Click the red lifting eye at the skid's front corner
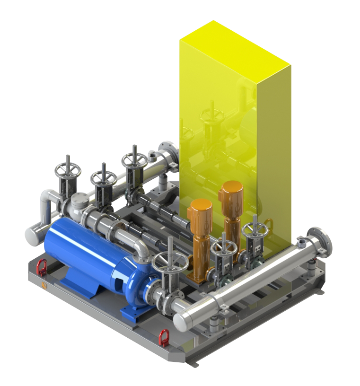(x=164, y=337)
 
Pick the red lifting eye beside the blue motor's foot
(x=42, y=267)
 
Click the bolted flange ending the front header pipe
(x=319, y=240)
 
